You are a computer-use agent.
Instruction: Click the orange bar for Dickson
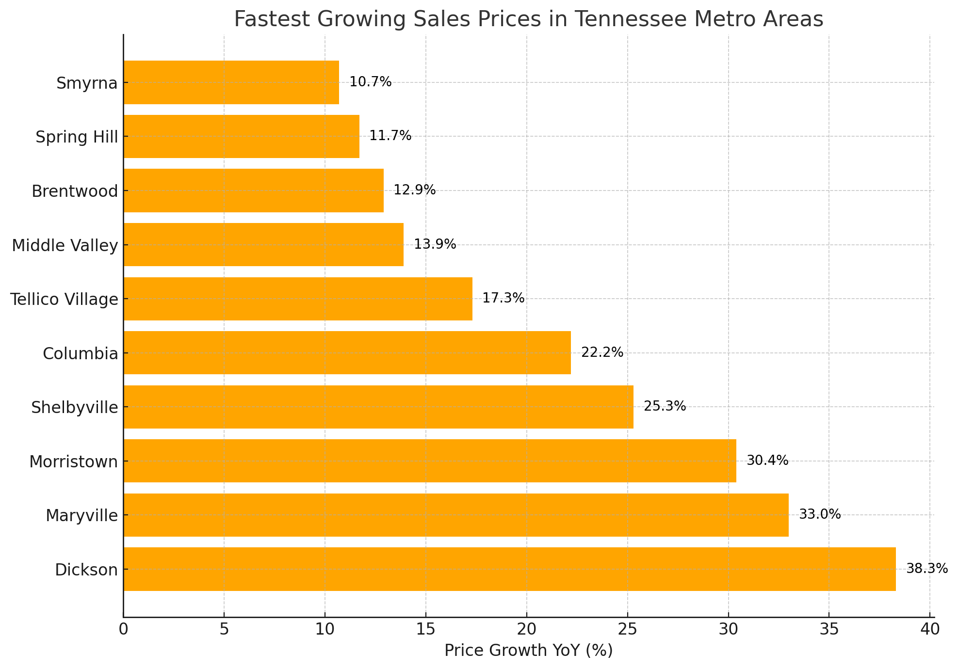(509, 569)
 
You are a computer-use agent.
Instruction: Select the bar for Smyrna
(231, 82)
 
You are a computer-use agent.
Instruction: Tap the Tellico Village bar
(298, 299)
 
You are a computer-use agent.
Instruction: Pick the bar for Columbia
(347, 353)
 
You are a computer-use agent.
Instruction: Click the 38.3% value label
(927, 569)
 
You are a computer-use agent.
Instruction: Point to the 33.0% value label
(820, 514)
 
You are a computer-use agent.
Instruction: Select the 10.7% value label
(370, 82)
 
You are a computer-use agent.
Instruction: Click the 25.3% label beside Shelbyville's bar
(665, 406)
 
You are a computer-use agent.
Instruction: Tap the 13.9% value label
(435, 244)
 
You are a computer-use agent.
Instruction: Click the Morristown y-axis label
(74, 462)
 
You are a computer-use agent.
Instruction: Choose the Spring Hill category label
(77, 137)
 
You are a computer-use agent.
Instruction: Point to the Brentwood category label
(75, 191)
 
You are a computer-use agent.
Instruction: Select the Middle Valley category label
(65, 246)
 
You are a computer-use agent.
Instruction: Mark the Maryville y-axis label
(81, 515)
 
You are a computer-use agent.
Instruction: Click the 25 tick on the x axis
(627, 629)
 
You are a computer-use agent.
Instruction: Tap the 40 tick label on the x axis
(929, 629)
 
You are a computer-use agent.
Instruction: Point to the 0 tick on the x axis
(123, 629)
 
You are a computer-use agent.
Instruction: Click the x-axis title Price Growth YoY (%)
(528, 651)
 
